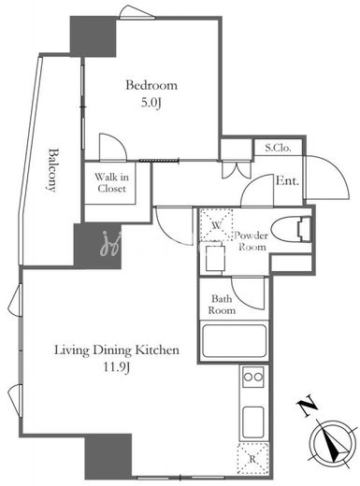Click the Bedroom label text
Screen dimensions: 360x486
151,85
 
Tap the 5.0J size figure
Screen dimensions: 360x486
151,103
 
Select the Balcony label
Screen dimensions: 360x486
53,170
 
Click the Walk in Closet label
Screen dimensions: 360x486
111,183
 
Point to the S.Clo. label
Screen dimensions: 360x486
278,148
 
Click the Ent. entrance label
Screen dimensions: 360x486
287,180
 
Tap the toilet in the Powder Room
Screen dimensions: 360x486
291,230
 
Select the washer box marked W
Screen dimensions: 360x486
216,225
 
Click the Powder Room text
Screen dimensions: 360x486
252,241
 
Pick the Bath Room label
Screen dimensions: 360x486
222,305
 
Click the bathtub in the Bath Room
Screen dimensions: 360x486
234,341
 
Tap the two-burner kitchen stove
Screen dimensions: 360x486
253,377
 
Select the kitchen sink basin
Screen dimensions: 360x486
253,422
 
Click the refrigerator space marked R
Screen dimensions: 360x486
252,459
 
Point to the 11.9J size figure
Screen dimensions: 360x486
117,367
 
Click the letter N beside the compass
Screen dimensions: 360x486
308,406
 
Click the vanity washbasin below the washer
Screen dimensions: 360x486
215,258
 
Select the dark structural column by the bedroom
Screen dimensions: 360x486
93,36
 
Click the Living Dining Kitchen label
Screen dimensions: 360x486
117,350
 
